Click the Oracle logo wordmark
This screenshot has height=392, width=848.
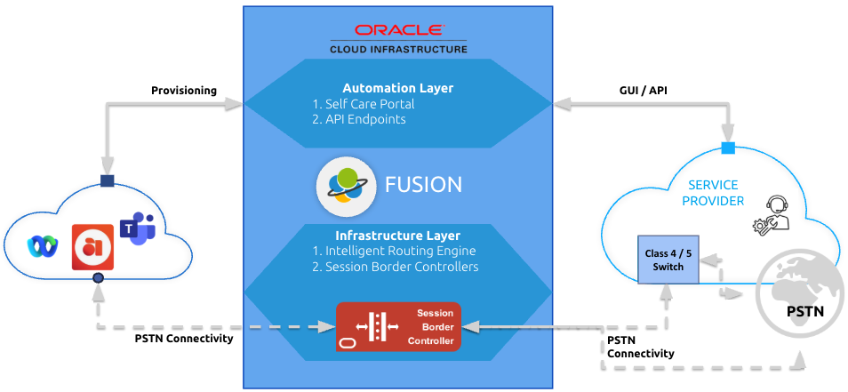coord(398,29)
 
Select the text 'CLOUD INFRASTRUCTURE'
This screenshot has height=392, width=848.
coord(398,50)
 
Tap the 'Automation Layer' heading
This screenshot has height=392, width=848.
coord(398,88)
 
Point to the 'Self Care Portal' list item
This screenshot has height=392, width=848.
coord(364,104)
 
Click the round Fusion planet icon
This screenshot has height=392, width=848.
coord(342,185)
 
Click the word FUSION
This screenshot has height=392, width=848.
coord(423,185)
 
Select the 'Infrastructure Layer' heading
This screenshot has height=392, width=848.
coord(397,236)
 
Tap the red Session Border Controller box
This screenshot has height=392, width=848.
coord(398,326)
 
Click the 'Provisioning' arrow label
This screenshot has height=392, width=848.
coord(184,91)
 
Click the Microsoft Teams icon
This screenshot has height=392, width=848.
coord(138,230)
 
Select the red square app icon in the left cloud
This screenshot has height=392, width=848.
coord(93,245)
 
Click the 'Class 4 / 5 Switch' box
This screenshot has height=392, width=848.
coord(669,260)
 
